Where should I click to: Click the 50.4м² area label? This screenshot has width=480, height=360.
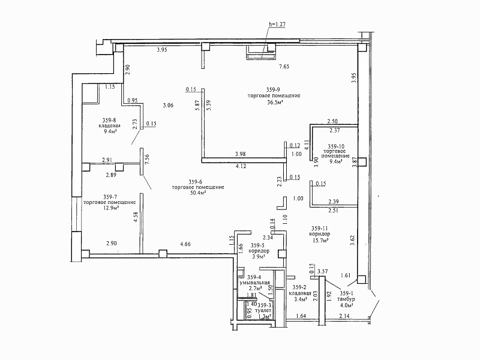(198, 194)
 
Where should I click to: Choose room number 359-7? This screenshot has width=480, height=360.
(110, 196)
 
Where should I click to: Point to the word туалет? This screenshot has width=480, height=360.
(262, 311)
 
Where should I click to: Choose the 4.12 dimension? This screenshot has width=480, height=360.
(242, 166)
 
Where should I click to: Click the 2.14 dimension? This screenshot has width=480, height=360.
(344, 316)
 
